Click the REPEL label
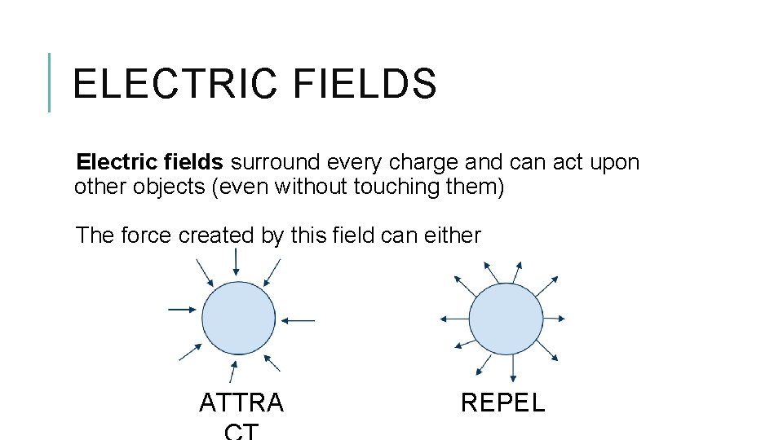pos(502,403)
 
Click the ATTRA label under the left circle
pos(241,403)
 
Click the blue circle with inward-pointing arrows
pos(239,318)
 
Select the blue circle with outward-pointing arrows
pos(506,319)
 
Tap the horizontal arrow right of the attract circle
pos(302,320)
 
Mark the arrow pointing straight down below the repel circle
pos(511,369)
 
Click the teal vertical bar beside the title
pos(50,82)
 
